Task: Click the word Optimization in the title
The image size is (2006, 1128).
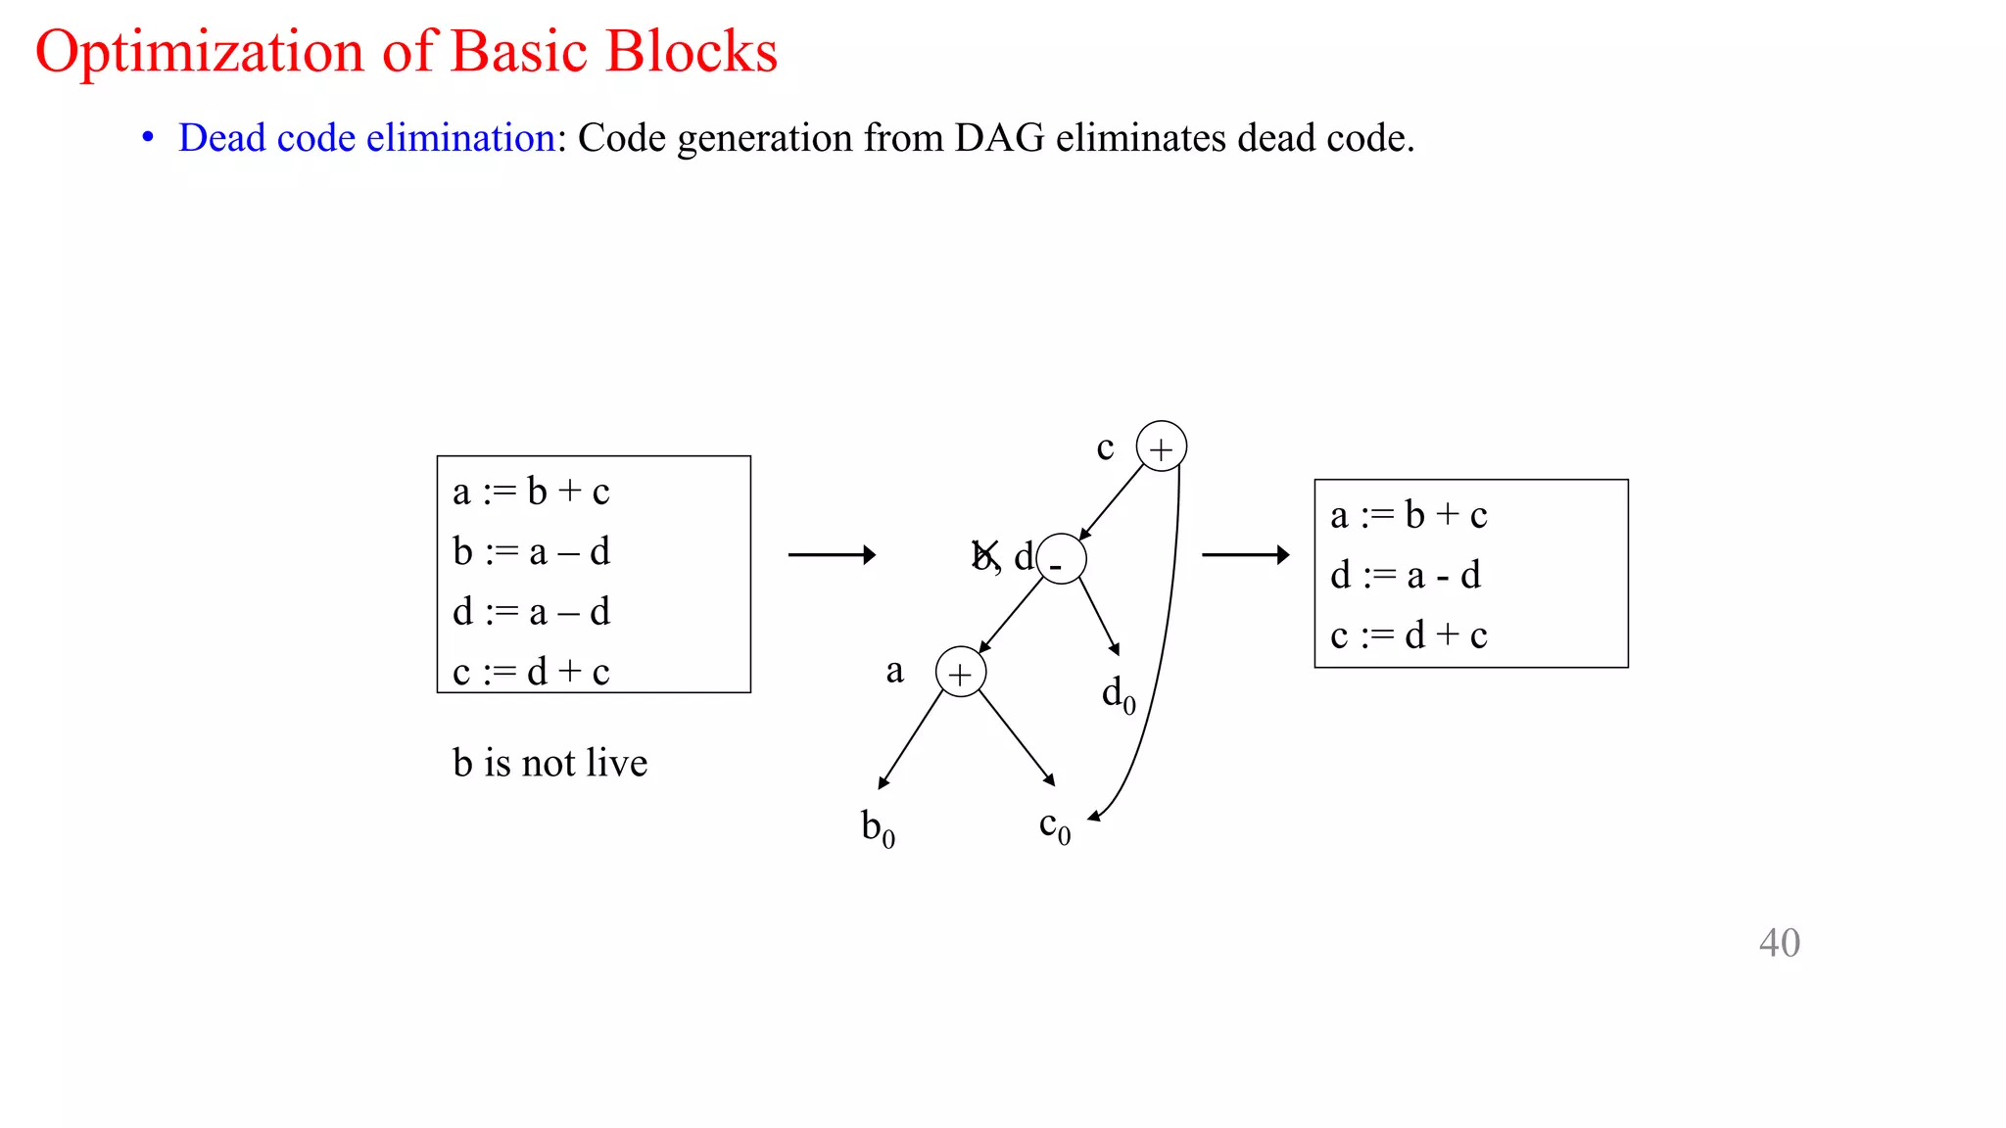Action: pos(199,51)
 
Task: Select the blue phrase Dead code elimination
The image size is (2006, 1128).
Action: pos(366,138)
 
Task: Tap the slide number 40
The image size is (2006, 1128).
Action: pos(1779,943)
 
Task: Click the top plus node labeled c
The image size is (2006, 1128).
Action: pos(1161,447)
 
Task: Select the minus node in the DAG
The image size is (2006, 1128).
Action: pos(1061,560)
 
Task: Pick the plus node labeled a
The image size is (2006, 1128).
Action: pos(960,673)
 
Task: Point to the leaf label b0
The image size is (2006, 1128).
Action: pos(878,828)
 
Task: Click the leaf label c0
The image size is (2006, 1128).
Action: pos(1054,827)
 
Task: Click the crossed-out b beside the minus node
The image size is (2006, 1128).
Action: pos(984,555)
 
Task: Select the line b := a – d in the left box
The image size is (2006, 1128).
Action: pos(531,552)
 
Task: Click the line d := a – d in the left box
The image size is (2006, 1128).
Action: pos(531,612)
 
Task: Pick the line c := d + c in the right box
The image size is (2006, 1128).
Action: pos(1409,635)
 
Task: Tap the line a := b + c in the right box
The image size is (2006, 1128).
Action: pos(1409,515)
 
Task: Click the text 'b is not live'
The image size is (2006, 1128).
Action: pos(549,763)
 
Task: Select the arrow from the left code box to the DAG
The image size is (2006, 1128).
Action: pos(831,555)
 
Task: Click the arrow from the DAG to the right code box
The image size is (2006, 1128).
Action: pos(1245,555)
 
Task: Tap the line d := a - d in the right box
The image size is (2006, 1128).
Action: pos(1405,576)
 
